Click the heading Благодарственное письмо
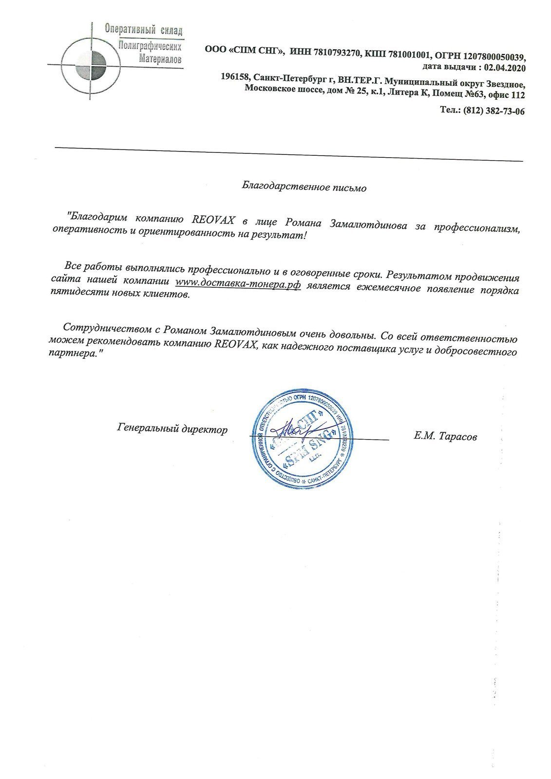(x=304, y=187)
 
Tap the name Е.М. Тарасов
(x=445, y=437)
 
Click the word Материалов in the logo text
(x=160, y=58)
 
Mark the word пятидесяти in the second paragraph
(x=77, y=295)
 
